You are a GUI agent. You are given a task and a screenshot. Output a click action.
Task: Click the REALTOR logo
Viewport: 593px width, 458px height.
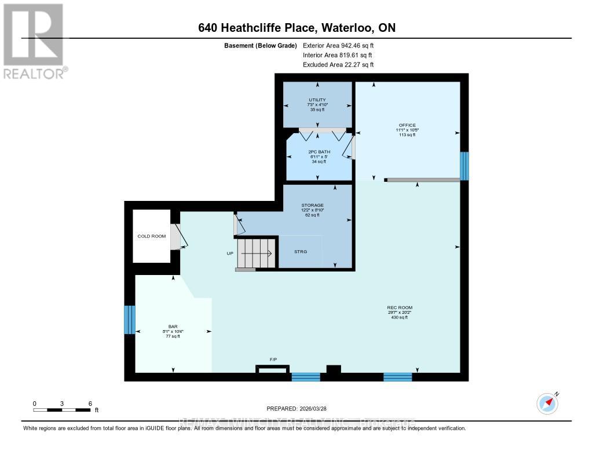tap(34, 41)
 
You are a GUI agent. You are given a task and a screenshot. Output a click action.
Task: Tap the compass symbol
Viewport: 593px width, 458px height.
tap(547, 403)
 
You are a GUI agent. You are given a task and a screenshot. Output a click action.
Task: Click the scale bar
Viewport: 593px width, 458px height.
tap(61, 410)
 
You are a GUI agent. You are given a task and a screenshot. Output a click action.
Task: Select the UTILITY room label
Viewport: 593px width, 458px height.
tap(317, 100)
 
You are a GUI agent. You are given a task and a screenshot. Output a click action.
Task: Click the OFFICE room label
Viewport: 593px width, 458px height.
tap(407, 125)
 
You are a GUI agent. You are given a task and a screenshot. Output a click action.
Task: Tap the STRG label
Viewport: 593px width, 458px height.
tap(300, 252)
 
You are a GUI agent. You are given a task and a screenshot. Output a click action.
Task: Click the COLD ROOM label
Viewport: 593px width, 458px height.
tap(151, 236)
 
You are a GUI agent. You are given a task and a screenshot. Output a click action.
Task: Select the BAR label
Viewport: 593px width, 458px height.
tap(172, 326)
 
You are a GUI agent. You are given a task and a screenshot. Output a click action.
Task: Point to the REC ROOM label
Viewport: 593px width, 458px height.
tap(400, 307)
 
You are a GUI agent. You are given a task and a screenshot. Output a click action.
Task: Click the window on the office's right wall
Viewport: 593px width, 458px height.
tap(464, 166)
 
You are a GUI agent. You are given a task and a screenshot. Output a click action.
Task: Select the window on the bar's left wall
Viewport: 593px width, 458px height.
tap(130, 320)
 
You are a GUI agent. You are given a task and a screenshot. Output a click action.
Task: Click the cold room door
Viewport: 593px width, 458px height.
tap(175, 237)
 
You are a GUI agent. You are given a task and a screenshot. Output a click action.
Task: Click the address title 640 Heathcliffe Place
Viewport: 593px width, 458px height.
tap(296, 28)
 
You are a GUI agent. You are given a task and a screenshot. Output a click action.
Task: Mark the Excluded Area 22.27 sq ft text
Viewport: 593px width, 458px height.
tap(338, 65)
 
